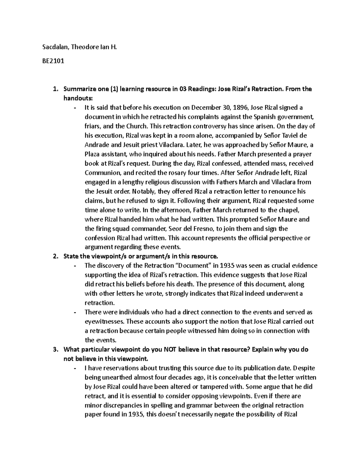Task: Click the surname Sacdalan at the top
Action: [53, 47]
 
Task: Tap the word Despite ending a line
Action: [304, 368]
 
